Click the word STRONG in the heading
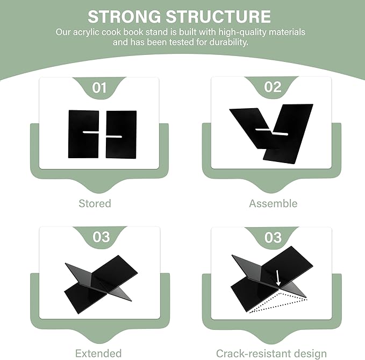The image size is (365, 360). (124, 17)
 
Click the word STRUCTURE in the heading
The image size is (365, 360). (218, 17)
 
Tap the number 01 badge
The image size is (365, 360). (99, 88)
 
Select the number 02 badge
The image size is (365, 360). (273, 87)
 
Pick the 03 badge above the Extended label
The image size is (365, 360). (101, 237)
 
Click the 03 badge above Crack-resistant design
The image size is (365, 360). (273, 237)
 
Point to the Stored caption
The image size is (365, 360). (95, 203)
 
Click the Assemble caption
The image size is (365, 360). (273, 203)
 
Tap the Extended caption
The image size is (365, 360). (98, 353)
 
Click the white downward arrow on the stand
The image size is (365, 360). (278, 278)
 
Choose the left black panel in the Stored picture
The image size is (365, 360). (83, 135)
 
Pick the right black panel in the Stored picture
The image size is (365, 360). (121, 135)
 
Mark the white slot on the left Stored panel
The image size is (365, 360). (91, 132)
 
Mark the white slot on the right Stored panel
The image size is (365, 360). (114, 137)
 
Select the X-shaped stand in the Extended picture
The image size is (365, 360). (101, 284)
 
